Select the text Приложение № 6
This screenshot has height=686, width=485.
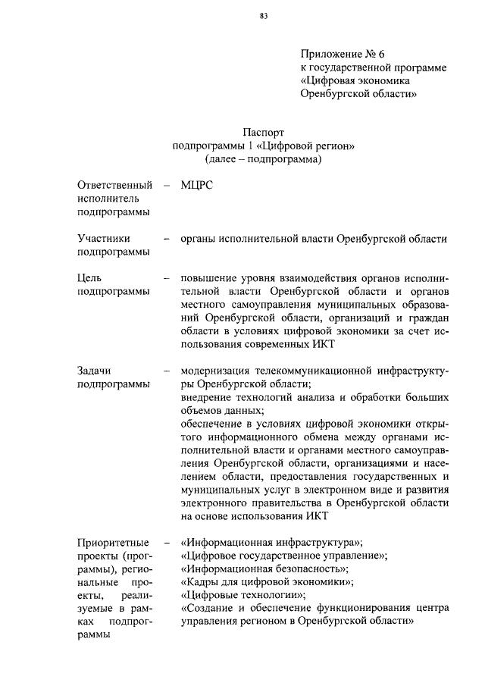[343, 55]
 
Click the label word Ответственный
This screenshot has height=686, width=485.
[114, 185]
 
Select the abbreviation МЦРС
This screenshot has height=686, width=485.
[198, 185]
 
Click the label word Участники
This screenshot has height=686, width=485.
[103, 239]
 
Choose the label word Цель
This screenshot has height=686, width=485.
[89, 277]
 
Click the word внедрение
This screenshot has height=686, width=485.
[207, 398]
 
